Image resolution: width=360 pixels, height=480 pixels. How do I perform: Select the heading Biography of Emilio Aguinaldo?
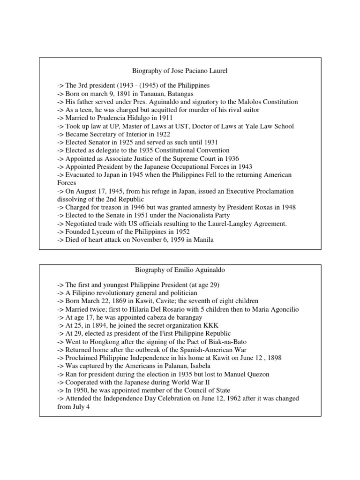click(x=180, y=270)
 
